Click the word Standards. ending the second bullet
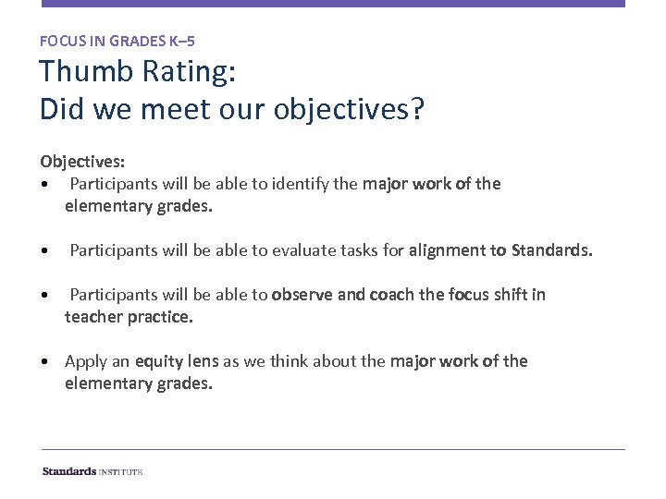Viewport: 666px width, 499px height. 551,249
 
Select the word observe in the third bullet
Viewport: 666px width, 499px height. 302,295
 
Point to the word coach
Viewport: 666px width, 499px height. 391,295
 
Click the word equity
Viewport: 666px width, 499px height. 159,361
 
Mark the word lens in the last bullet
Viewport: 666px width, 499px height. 203,361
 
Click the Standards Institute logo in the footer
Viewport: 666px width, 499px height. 92,471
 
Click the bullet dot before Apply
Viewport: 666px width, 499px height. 45,361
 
